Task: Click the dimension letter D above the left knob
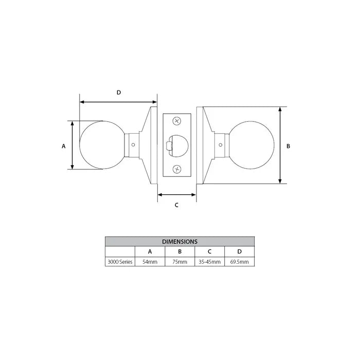coord(118,93)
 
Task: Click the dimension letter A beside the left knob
coord(64,146)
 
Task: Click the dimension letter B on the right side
coord(289,146)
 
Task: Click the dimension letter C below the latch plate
coord(176,205)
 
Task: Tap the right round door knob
coord(250,146)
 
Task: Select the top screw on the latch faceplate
coord(177,121)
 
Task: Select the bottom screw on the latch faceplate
coord(177,169)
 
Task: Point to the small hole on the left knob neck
coord(134,146)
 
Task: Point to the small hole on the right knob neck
coord(220,146)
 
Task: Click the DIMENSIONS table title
coord(179,241)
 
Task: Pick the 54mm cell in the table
coord(150,262)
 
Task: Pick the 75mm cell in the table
coord(179,262)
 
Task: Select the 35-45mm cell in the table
coord(209,262)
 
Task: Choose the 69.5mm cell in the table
coord(240,262)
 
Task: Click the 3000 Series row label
coord(120,262)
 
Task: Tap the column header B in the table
coord(179,251)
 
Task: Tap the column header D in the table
coord(240,251)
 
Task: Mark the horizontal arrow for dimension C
coord(176,194)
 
